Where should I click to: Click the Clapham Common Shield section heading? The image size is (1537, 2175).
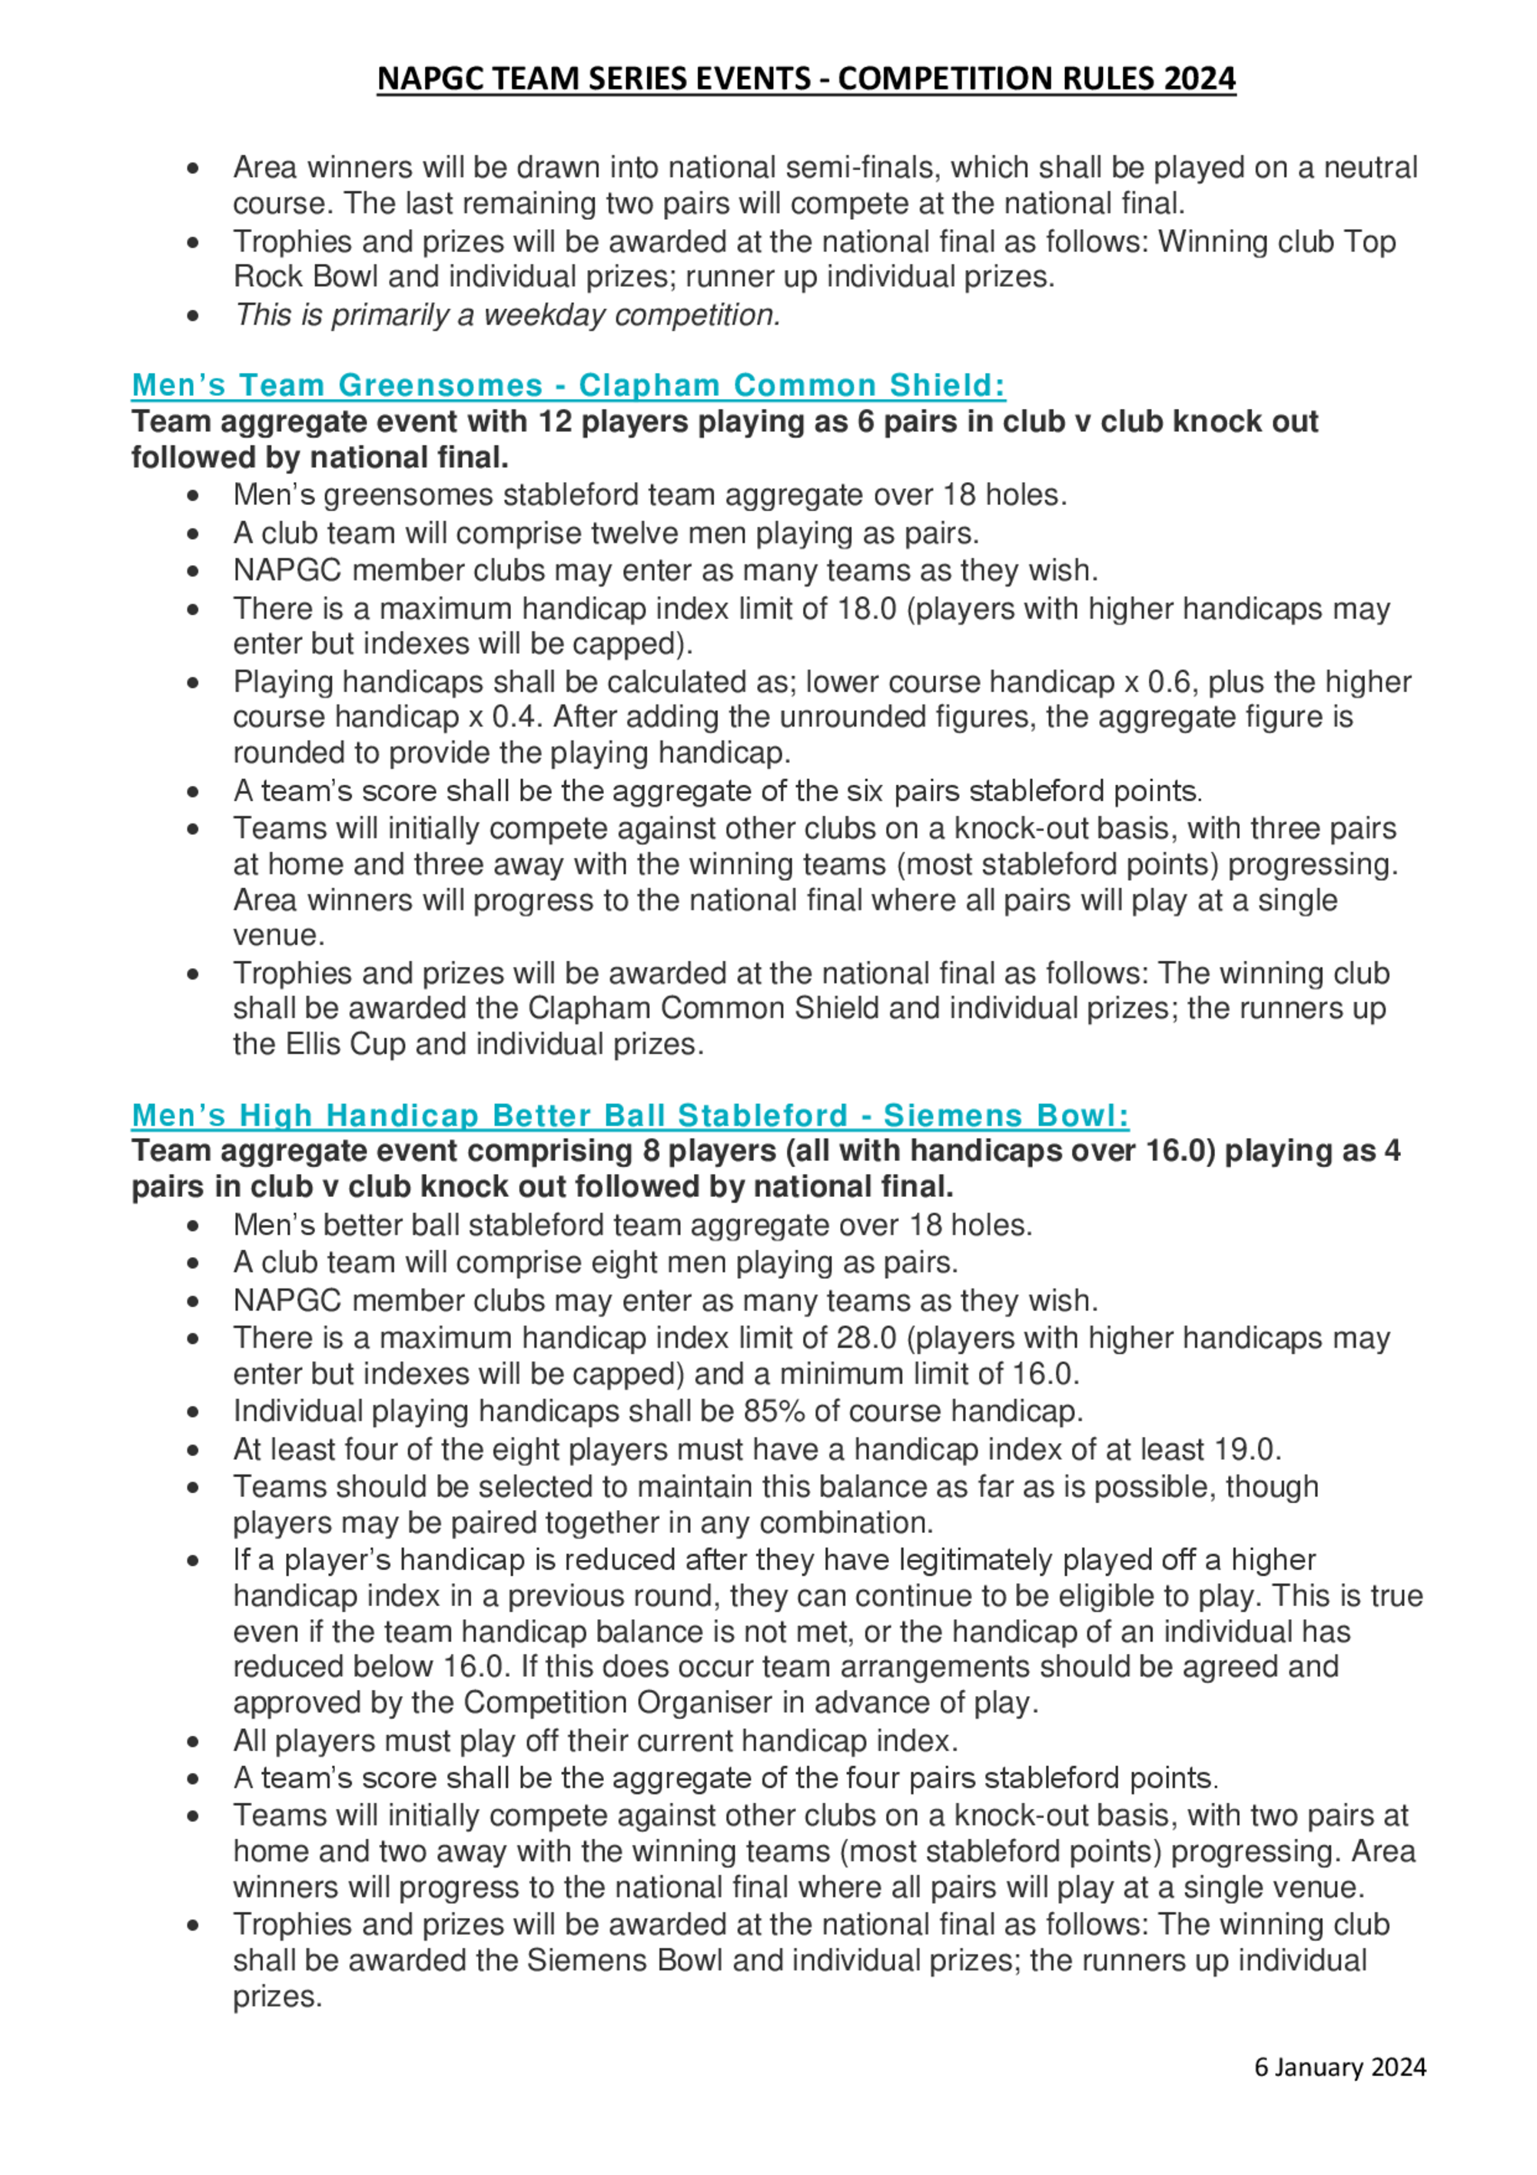tap(568, 384)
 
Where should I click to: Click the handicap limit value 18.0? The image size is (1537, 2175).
tap(867, 608)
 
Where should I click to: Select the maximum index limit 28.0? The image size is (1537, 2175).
tap(867, 1338)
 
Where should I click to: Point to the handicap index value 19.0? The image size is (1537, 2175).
tap(1247, 1449)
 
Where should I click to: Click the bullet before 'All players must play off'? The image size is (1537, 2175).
tap(193, 1741)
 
